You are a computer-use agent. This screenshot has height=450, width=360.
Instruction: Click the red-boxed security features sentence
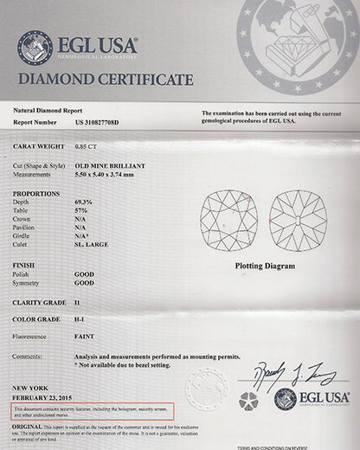[93, 410]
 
